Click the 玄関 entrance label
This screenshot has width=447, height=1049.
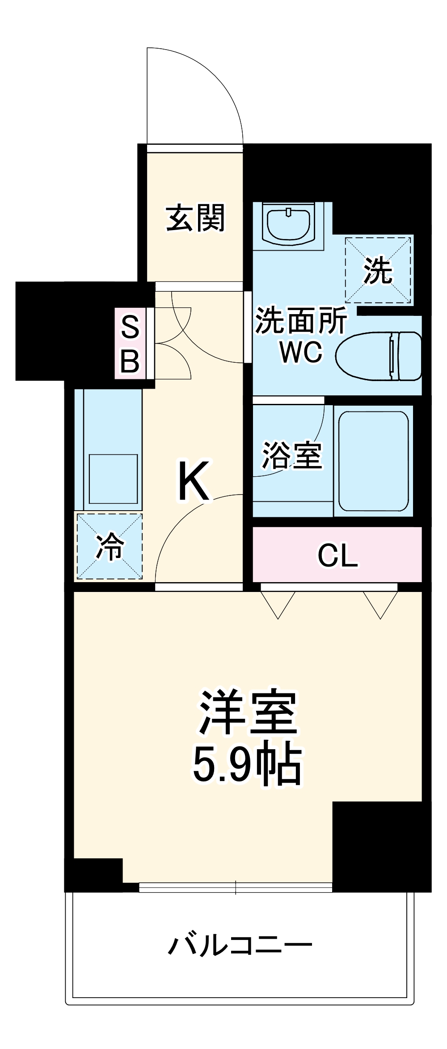[x=195, y=218]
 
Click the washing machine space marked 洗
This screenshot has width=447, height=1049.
[x=378, y=270]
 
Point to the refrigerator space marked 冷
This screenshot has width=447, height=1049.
[x=110, y=546]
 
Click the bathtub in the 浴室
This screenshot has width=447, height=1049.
[x=373, y=461]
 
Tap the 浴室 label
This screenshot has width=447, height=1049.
[x=292, y=455]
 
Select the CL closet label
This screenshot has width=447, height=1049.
[x=337, y=555]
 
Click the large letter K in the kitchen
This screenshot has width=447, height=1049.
[x=194, y=481]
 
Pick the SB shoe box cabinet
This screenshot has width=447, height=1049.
[x=130, y=343]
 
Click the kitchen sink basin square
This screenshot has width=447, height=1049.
[x=113, y=479]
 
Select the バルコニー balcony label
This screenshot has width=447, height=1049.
[x=240, y=945]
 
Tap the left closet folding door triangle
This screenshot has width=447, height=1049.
[x=278, y=604]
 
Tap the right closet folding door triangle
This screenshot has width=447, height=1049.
[x=380, y=604]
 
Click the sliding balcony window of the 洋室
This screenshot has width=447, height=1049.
[x=236, y=887]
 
